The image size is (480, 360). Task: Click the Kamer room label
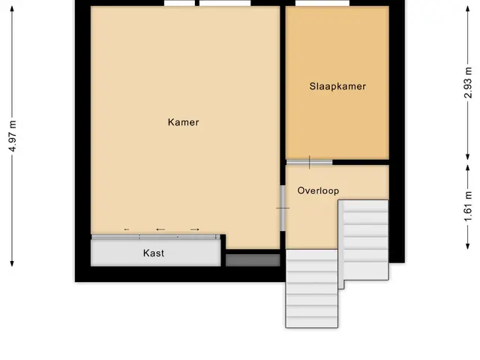click(183, 122)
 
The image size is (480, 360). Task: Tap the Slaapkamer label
click(337, 86)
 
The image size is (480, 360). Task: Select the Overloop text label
click(318, 190)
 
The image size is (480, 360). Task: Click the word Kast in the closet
click(154, 253)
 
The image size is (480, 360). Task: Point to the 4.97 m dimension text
click(13, 136)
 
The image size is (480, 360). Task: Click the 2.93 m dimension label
click(468, 82)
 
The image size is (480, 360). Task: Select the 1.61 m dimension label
click(468, 206)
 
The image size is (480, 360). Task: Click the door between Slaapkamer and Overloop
click(309, 162)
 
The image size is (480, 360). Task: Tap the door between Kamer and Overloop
click(283, 208)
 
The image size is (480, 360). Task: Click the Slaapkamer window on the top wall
click(322, 3)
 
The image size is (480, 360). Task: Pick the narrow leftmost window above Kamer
click(179, 3)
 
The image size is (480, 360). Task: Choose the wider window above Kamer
click(225, 3)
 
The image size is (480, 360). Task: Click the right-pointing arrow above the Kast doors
click(195, 229)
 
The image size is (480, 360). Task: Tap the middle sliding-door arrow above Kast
click(160, 229)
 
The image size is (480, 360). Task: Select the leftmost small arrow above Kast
click(127, 229)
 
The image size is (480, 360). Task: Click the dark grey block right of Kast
click(253, 260)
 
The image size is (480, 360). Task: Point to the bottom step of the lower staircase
click(312, 322)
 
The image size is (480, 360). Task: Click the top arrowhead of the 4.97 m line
click(12, 9)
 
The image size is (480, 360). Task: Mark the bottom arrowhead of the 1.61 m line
click(468, 246)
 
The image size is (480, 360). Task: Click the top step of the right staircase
click(365, 205)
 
